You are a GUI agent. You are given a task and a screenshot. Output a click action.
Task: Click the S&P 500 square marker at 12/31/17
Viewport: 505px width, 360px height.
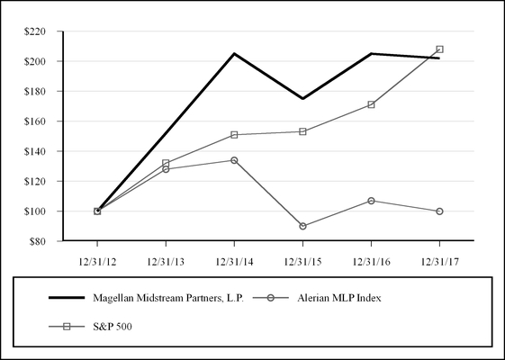(x=439, y=49)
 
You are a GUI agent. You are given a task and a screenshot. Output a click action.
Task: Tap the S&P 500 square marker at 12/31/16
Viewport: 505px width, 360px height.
(x=371, y=104)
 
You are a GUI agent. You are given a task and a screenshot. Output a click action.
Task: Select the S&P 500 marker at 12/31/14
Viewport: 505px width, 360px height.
(x=234, y=135)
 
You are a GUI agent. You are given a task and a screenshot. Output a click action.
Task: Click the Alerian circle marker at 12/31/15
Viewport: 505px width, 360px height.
(x=302, y=226)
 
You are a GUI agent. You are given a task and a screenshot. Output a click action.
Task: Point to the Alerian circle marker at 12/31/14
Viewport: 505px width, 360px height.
(x=234, y=160)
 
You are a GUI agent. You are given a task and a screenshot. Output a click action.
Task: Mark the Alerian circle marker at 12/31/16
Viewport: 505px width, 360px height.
(x=371, y=200)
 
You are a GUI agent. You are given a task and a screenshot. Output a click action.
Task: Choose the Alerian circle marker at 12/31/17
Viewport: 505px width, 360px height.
(x=439, y=211)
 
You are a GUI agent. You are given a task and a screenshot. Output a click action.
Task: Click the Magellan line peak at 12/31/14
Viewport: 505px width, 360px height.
(x=234, y=54)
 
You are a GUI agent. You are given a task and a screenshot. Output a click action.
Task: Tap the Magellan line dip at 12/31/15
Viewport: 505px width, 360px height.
(x=302, y=98)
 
